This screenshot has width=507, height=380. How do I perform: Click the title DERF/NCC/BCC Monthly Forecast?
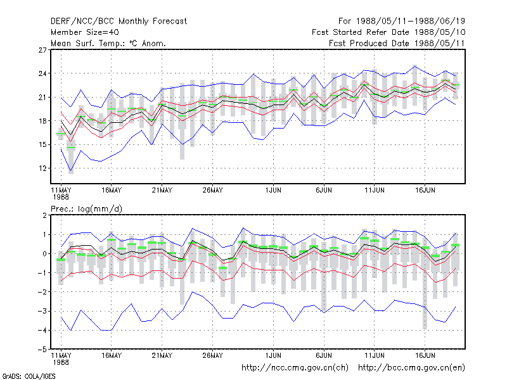click(119, 22)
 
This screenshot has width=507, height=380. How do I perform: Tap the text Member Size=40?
click(85, 32)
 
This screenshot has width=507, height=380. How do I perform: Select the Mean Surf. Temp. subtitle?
click(108, 43)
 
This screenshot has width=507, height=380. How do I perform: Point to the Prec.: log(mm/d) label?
click(86, 209)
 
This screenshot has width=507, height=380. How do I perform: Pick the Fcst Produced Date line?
click(397, 43)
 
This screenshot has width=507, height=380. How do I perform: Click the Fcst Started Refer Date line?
click(388, 32)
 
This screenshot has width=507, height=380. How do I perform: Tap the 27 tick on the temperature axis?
click(42, 50)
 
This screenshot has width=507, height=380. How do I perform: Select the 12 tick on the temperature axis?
click(42, 168)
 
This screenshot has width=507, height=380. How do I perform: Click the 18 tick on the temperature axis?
click(42, 121)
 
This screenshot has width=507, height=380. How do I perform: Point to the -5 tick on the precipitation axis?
click(42, 350)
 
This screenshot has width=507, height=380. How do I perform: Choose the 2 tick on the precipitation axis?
click(44, 215)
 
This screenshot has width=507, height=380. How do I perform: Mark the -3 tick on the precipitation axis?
click(42, 311)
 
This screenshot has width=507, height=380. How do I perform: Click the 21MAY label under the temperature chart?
click(162, 191)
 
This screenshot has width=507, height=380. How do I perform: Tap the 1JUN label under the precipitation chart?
click(273, 356)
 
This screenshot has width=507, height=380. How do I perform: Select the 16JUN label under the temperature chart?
click(425, 191)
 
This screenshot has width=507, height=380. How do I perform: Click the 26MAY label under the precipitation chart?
click(212, 356)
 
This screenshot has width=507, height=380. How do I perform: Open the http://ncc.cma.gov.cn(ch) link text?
click(295, 368)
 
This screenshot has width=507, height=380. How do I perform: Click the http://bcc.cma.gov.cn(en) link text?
click(411, 368)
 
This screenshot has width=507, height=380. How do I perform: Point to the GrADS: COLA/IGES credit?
click(29, 376)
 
